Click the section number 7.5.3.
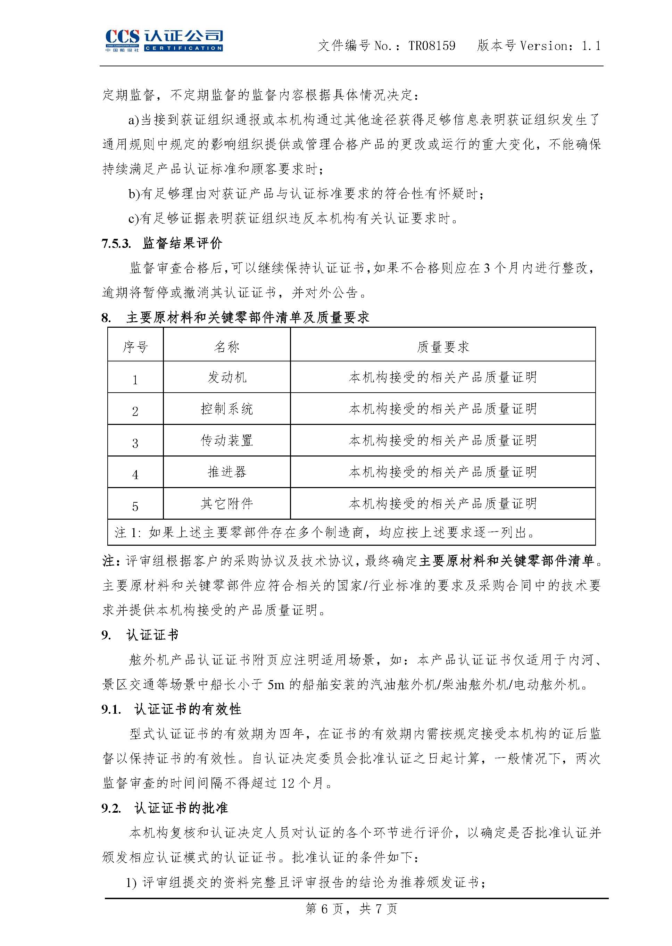click(116, 244)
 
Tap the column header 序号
click(135, 346)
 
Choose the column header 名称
click(227, 346)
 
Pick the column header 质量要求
click(443, 346)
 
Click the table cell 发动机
click(227, 377)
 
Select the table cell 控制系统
click(227, 409)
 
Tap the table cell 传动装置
click(227, 440)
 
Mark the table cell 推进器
click(227, 472)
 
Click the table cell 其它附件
click(227, 503)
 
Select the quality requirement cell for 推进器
click(443, 472)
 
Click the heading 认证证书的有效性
click(188, 709)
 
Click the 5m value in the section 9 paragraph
click(276, 685)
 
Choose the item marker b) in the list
click(134, 194)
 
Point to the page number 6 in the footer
click(324, 920)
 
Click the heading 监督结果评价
click(182, 243)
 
